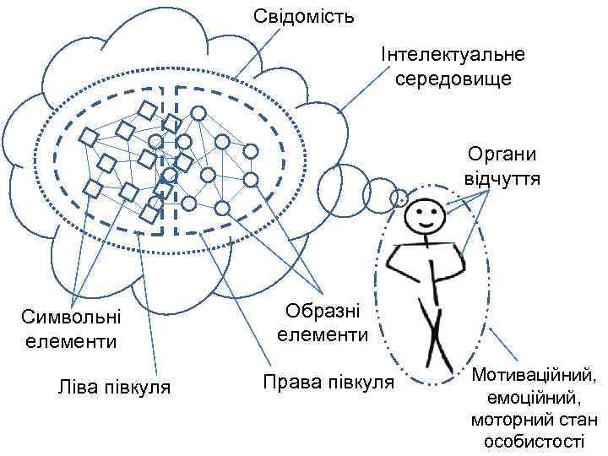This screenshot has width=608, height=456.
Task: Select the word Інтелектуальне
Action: point(453,55)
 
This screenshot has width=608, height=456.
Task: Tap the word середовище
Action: point(453,79)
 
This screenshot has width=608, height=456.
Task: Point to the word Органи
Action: point(502,156)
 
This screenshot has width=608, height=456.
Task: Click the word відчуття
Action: point(502,180)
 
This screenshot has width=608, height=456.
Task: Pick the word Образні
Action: point(323,310)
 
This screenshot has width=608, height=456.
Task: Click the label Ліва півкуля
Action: point(115,388)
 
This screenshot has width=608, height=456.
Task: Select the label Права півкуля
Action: point(328,382)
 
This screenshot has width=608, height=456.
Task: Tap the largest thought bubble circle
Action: point(340,185)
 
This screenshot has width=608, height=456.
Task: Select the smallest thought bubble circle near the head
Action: point(399,198)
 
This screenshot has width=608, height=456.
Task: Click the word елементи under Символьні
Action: point(71,341)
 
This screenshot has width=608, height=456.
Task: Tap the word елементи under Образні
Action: point(323,334)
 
